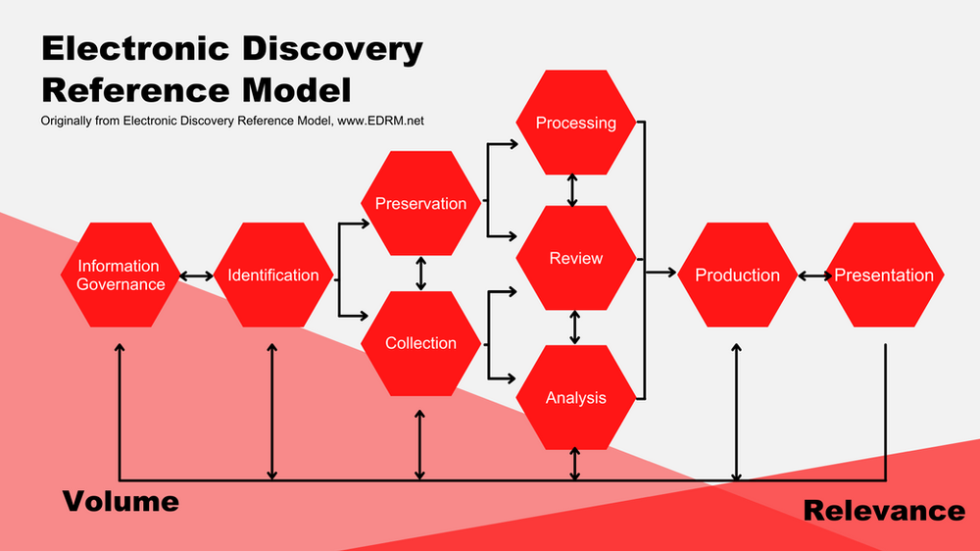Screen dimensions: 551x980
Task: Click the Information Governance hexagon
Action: tap(119, 275)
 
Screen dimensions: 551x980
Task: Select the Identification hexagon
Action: tap(272, 275)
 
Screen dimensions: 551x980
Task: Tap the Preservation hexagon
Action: tap(420, 204)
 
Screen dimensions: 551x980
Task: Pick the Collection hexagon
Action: tap(420, 343)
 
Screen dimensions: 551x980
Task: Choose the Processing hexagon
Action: tap(575, 123)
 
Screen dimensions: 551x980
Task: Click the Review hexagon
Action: tap(575, 259)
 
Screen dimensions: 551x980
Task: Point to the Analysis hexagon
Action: tap(575, 397)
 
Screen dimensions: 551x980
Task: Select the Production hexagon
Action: tap(737, 275)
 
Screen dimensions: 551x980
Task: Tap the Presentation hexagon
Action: tap(884, 275)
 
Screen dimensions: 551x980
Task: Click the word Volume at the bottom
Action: tap(121, 502)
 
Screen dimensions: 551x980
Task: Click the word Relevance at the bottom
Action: tap(883, 511)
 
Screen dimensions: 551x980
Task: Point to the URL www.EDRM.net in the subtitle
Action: tap(387, 121)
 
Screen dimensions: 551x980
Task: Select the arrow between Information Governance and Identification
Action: tap(196, 276)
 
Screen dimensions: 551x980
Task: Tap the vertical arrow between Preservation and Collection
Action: tap(421, 274)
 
